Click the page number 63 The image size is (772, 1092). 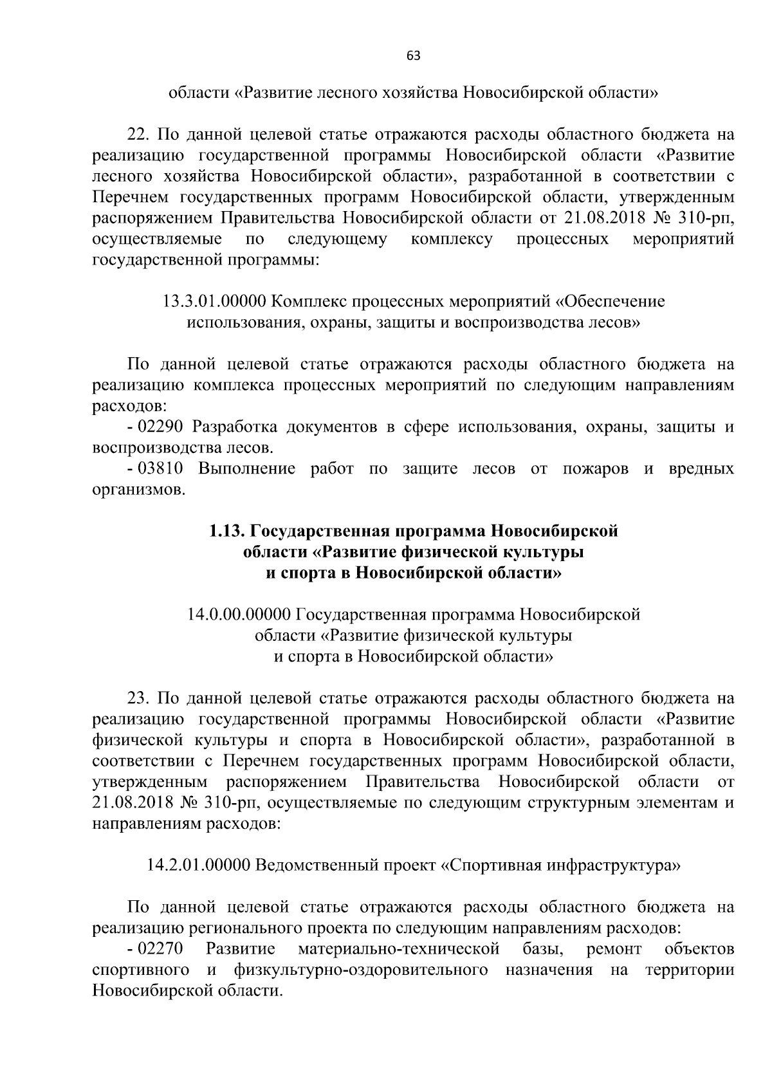(x=413, y=56)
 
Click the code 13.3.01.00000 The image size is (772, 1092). (x=216, y=301)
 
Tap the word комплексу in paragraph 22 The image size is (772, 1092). (x=452, y=240)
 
